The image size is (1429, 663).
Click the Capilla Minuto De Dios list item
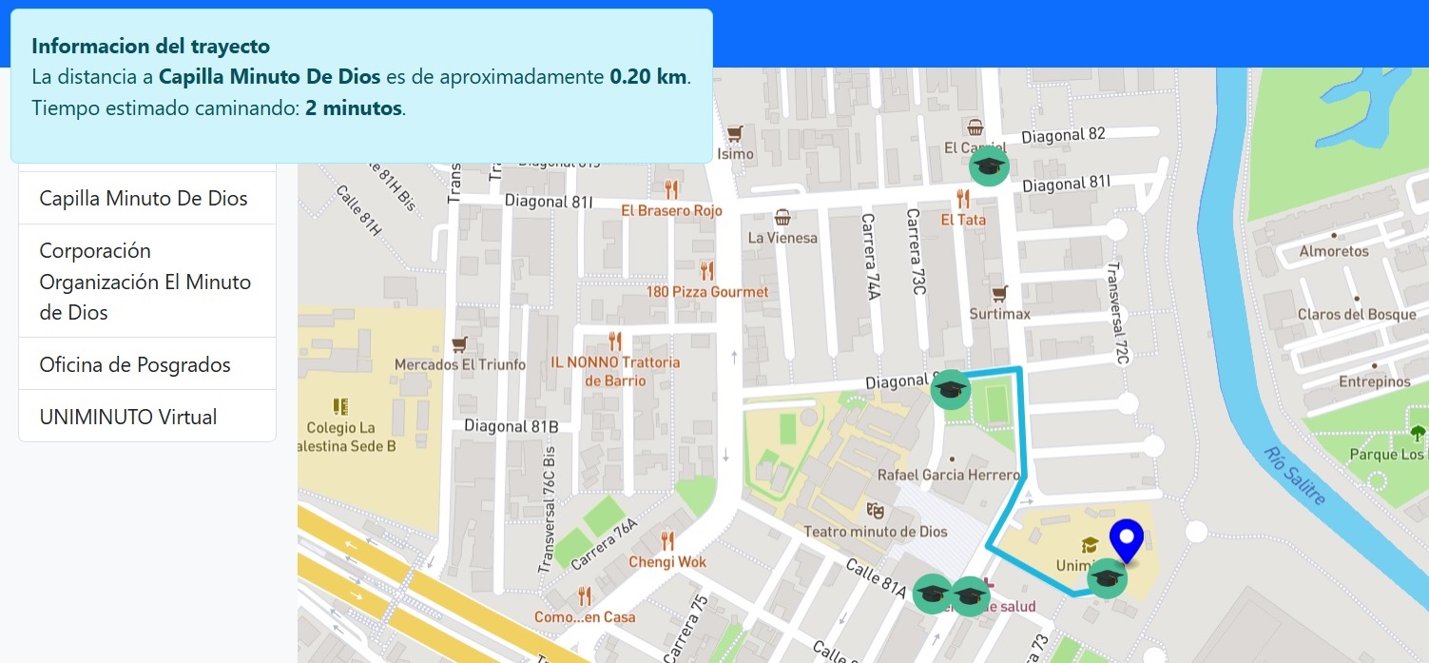(144, 199)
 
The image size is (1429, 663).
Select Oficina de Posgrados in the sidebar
(135, 365)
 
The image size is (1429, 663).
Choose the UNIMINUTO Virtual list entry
(128, 418)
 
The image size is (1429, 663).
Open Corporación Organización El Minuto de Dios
(145, 282)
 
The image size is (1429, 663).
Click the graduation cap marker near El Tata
(988, 166)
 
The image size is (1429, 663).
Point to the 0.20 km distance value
(647, 77)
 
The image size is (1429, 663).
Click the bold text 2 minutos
(354, 108)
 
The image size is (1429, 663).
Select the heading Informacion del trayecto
(150, 46)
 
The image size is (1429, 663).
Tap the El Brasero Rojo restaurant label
(671, 210)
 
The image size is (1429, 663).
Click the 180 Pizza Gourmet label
(707, 291)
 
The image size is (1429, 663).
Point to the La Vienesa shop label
(782, 237)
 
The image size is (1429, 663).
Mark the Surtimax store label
(999, 313)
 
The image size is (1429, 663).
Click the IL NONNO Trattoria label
(615, 362)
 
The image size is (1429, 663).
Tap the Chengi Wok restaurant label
(667, 561)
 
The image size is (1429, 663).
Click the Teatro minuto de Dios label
(875, 531)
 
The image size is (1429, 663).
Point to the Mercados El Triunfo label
(460, 364)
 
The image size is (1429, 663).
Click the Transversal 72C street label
(1116, 314)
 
